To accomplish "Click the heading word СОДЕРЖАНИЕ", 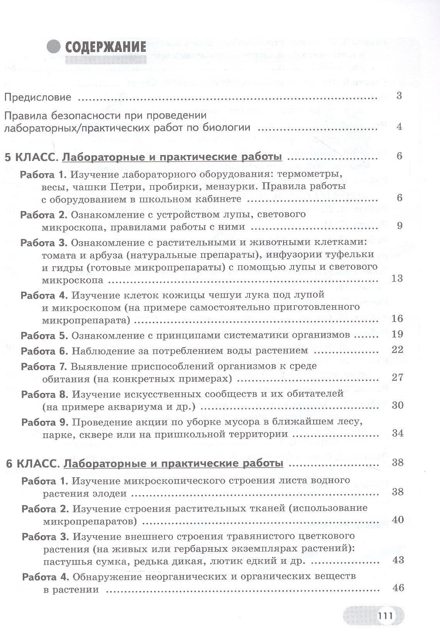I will (x=105, y=47).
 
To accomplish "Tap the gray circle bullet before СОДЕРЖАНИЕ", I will (x=54, y=47).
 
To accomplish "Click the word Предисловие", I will (x=38, y=97).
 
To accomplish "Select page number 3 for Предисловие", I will (x=399, y=96).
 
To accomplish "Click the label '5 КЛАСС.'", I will (x=31, y=157).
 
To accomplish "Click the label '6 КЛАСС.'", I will (x=32, y=463).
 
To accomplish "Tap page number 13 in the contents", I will (x=397, y=278).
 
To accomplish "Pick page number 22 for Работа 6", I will (x=397, y=350).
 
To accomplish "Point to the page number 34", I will (x=398, y=433).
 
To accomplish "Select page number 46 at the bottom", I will (x=398, y=588).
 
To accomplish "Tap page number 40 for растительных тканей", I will (x=398, y=519).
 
